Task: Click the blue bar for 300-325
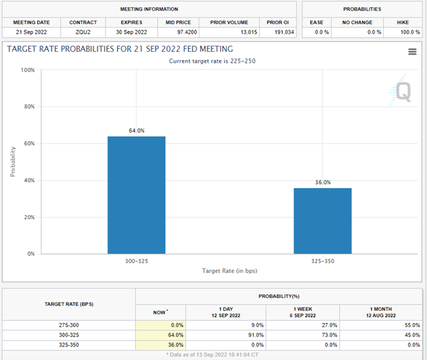pyautogui.click(x=136, y=195)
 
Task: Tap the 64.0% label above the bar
pyautogui.click(x=136, y=131)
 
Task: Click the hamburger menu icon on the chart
pyautogui.click(x=412, y=53)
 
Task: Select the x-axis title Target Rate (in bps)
pyautogui.click(x=230, y=270)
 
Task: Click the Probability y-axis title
pyautogui.click(x=13, y=162)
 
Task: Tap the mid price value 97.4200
pyautogui.click(x=174, y=32)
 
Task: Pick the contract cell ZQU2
pyautogui.click(x=83, y=32)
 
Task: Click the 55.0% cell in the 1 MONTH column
pyautogui.click(x=409, y=324)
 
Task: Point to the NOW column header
pyautogui.click(x=160, y=312)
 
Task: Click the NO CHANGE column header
pyautogui.click(x=357, y=22)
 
